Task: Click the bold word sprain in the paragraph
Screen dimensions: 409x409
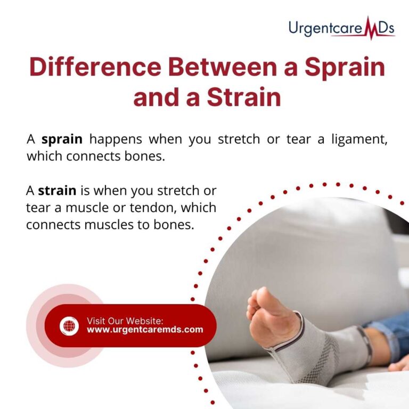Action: pyautogui.click(x=62, y=140)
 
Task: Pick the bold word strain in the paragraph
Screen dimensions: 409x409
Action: pyautogui.click(x=57, y=190)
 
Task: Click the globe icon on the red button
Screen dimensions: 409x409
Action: pyautogui.click(x=69, y=325)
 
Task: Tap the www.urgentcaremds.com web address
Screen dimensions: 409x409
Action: pyautogui.click(x=145, y=330)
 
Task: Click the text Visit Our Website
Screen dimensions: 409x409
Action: pyautogui.click(x=125, y=321)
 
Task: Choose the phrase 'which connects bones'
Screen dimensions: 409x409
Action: pyautogui.click(x=93, y=157)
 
